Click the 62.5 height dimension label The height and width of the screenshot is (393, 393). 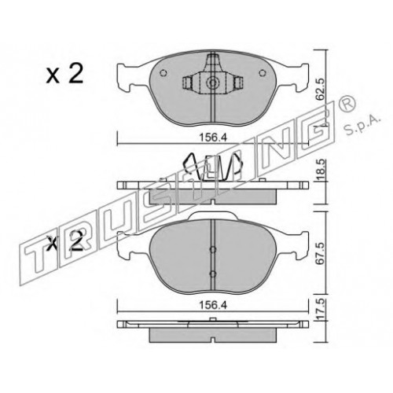click(321, 89)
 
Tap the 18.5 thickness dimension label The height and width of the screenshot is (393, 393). click(321, 170)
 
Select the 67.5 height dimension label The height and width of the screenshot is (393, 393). click(321, 255)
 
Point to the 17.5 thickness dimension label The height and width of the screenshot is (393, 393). click(321, 310)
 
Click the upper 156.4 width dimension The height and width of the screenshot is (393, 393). click(212, 137)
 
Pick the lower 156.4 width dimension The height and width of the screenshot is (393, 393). click(212, 305)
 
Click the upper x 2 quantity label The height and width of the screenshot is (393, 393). click(64, 74)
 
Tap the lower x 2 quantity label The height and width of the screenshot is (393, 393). click(64, 241)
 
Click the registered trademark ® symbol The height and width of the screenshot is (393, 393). click(345, 105)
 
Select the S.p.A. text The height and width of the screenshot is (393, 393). click(362, 126)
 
